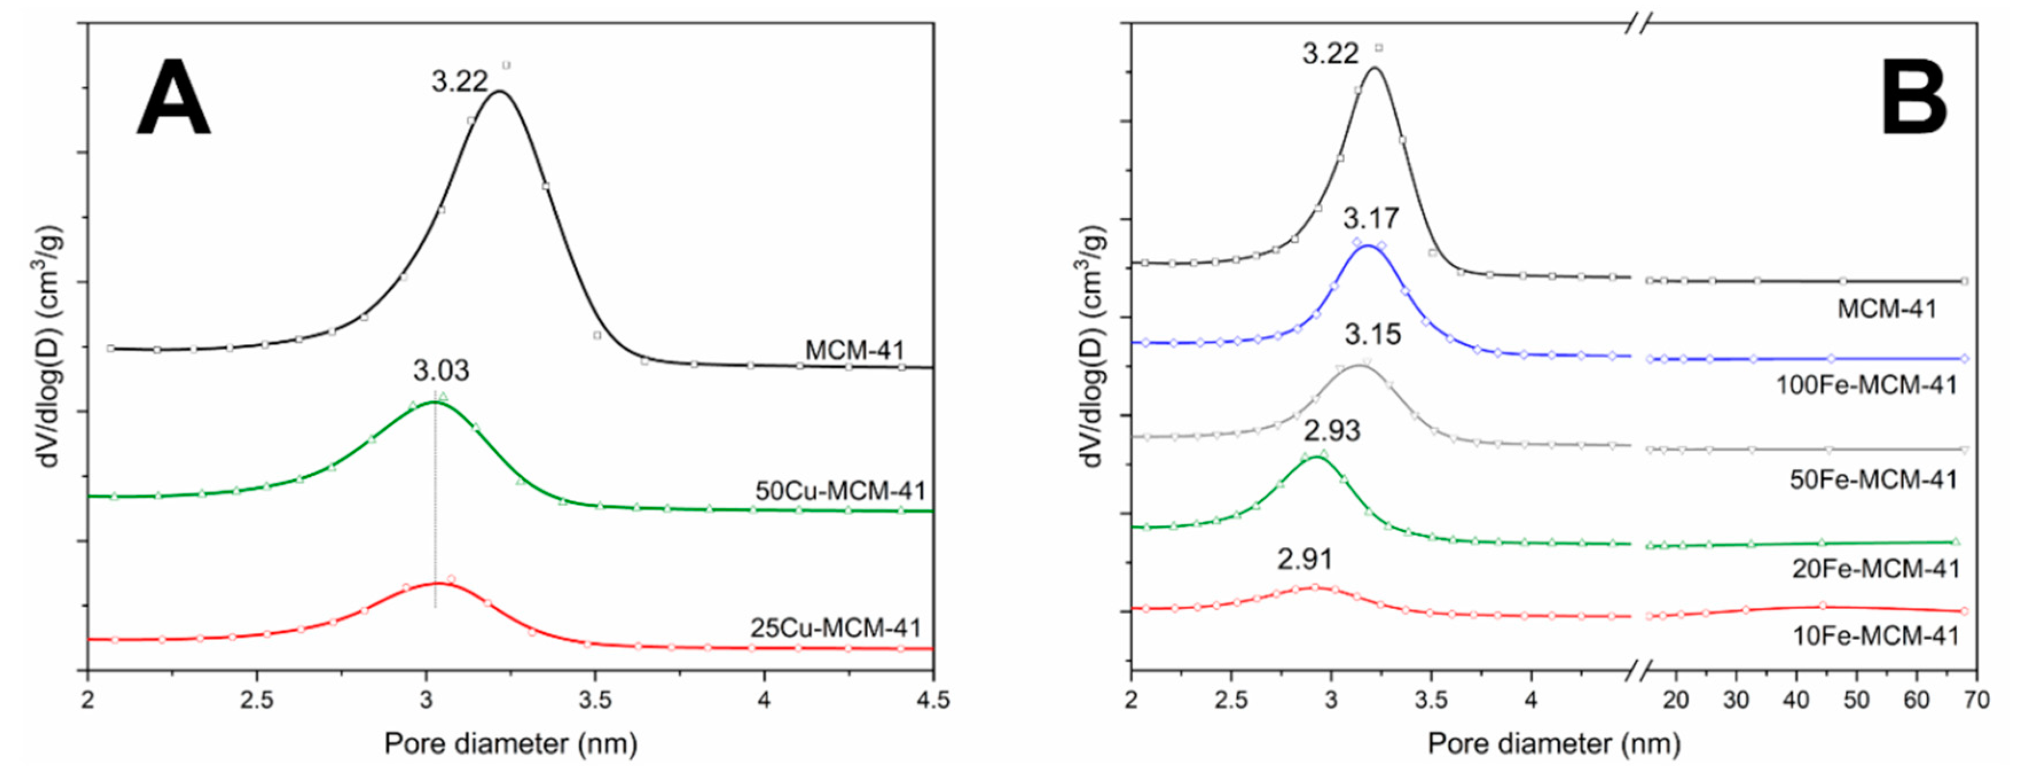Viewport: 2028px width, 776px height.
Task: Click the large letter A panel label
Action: pyautogui.click(x=172, y=99)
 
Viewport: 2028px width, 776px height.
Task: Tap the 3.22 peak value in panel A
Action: pyautogui.click(x=459, y=81)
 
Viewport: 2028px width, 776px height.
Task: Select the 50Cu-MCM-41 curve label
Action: pyautogui.click(x=840, y=491)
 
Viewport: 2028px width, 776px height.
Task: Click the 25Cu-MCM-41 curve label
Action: pyautogui.click(x=835, y=628)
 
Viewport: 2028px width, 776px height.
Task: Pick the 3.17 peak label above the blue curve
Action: pyautogui.click(x=1371, y=218)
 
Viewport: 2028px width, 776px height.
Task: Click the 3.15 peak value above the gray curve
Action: pyautogui.click(x=1372, y=335)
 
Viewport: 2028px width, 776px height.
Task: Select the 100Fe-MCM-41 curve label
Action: pyautogui.click(x=1866, y=386)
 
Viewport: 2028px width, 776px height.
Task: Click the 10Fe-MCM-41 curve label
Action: pyautogui.click(x=1875, y=636)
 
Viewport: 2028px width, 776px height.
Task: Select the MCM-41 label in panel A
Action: pyautogui.click(x=854, y=350)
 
